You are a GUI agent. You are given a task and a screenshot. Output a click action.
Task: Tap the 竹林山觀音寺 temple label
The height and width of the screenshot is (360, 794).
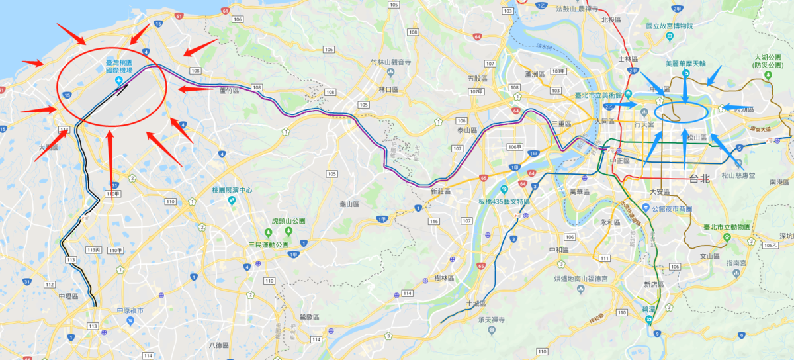pos(391,62)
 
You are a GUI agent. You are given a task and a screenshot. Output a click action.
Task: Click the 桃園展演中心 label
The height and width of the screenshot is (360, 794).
pos(233,189)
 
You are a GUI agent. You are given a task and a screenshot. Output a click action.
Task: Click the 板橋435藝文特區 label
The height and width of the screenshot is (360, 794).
pos(505,201)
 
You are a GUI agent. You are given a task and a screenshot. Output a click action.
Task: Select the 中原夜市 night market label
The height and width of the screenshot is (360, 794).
pos(130,310)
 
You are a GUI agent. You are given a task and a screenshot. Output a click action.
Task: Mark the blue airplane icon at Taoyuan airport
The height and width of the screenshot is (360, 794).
pos(118,80)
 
